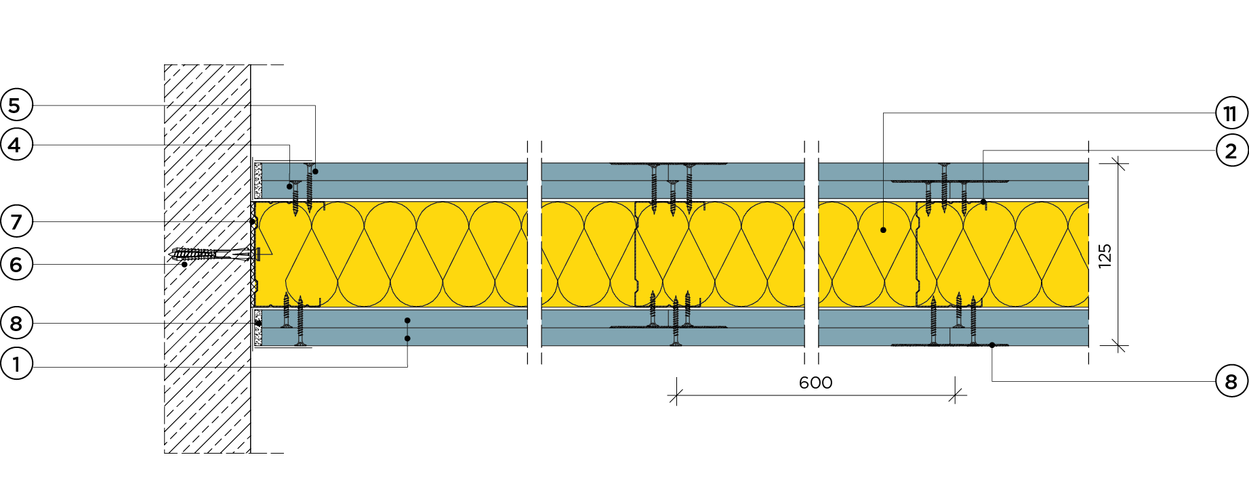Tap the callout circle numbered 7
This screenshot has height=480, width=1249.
pos(16,221)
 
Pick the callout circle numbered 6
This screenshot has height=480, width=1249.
pos(16,264)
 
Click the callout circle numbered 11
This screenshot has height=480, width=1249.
pos(1231,113)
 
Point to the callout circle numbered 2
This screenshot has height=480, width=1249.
pos(1231,150)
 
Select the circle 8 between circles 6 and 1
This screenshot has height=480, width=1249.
pos(16,324)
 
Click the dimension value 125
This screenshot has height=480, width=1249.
pos(1105,256)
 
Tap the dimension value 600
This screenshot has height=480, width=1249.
pos(815,383)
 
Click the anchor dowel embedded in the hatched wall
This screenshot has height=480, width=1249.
pos(203,255)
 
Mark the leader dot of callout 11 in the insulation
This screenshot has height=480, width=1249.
pos(883,230)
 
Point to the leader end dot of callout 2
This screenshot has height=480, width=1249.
pos(983,202)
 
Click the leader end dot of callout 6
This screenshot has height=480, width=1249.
pos(184,264)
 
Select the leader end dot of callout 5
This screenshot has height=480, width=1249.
pos(315,171)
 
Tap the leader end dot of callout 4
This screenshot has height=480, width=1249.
pos(289,186)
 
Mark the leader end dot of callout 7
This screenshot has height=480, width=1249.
pos(253,221)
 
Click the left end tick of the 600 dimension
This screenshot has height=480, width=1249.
pos(675,396)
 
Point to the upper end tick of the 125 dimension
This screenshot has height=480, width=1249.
pos(1118,163)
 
